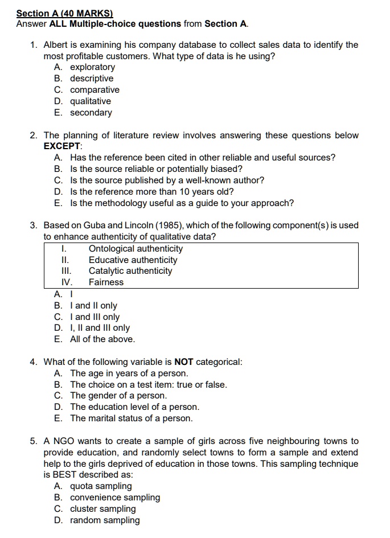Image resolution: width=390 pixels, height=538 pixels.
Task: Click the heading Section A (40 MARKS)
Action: [64, 13]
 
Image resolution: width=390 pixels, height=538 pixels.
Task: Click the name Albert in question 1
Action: [56, 44]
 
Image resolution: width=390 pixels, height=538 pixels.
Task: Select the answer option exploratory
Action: [92, 67]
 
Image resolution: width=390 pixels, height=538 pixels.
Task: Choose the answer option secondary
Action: [91, 113]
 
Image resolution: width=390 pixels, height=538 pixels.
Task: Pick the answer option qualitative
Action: [90, 101]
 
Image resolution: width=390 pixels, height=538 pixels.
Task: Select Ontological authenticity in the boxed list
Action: [136, 249]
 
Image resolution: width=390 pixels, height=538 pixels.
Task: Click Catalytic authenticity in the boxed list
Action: [130, 271]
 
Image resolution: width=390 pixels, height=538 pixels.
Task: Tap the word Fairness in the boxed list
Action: [106, 282]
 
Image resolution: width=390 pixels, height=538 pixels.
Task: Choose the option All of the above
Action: [102, 339]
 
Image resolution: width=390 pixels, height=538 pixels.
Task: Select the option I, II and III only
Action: [100, 328]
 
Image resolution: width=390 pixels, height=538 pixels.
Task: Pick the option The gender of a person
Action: [118, 396]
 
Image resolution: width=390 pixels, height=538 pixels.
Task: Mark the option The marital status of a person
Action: [131, 418]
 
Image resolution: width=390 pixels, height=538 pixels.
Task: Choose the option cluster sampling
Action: [102, 509]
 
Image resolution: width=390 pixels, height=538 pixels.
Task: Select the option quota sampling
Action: [100, 486]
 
